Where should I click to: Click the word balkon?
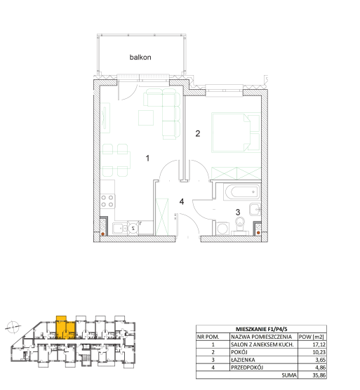coord(140,58)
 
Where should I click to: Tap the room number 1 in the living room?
coord(147,159)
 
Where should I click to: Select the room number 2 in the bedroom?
coord(198,133)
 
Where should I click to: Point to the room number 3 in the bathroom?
coord(238,212)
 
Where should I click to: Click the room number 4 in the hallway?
coord(182,201)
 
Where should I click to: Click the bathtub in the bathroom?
coord(241,191)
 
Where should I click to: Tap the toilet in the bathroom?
coord(240,226)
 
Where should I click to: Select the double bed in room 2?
coord(236,133)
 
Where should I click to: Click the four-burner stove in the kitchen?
coord(107,201)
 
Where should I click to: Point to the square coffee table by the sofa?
coord(146,118)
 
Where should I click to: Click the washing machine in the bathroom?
coord(222,229)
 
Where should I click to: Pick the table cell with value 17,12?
coord(312,344)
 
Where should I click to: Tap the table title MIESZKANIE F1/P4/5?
coord(261,329)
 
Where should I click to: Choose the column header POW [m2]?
coord(312,337)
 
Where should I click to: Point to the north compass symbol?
coord(13,327)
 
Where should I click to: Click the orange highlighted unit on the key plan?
coord(65,328)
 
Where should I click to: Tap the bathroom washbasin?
coord(255,209)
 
